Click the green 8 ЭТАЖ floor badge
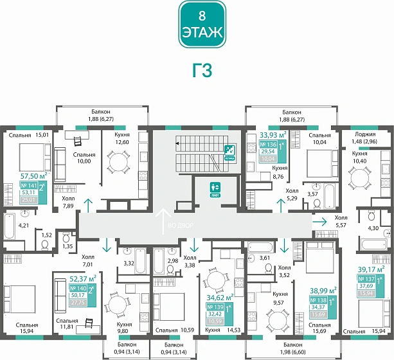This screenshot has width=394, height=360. (x=202, y=25)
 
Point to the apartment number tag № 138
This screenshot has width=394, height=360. (x=319, y=300)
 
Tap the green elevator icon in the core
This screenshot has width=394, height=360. (x=215, y=189)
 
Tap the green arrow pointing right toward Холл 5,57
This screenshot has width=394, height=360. (x=319, y=220)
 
